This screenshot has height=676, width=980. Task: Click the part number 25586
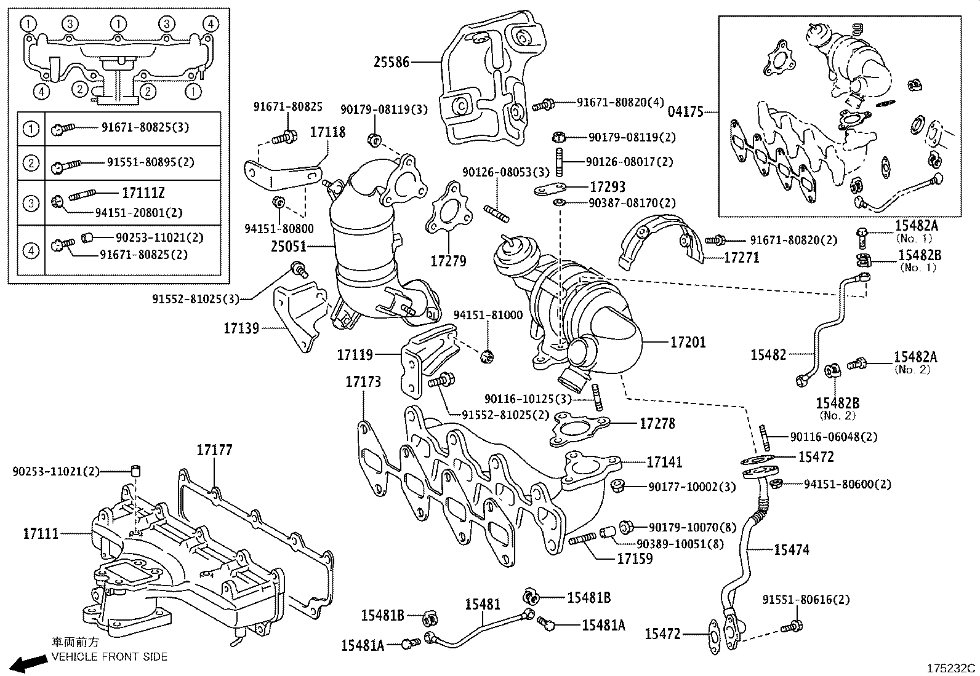point(392,62)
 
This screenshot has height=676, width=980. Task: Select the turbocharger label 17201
point(688,342)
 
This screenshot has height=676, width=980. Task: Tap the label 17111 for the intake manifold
point(41,533)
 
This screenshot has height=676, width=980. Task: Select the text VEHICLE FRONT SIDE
point(109,656)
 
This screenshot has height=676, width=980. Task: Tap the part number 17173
point(363,381)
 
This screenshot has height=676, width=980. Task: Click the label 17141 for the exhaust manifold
point(665,462)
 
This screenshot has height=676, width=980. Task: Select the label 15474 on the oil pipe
point(792,550)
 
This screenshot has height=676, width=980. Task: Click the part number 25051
point(288,247)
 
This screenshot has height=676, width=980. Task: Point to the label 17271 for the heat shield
point(742,258)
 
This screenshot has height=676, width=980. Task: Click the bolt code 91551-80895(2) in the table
point(150,162)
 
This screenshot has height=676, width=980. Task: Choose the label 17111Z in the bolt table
point(143,193)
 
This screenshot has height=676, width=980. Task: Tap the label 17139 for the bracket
point(241,328)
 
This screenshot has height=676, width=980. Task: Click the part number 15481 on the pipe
point(483,604)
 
